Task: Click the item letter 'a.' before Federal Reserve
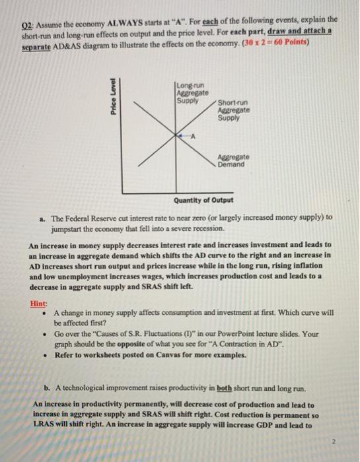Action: tap(43, 216)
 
